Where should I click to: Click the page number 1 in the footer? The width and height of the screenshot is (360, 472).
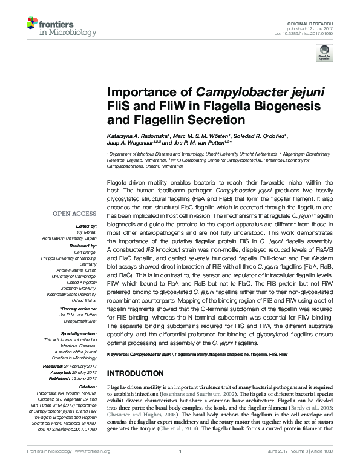pos(180,467)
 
